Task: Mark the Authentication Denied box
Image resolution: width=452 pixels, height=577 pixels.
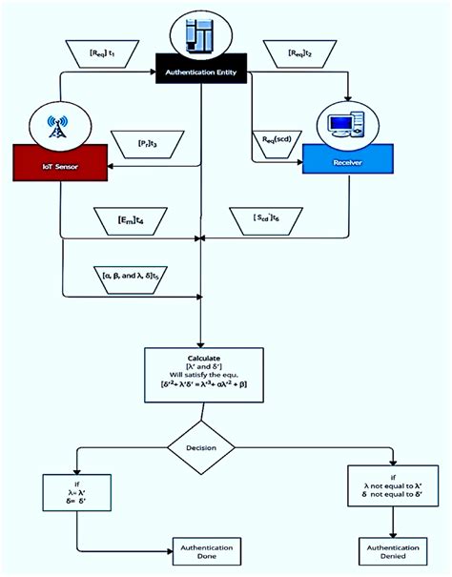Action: (x=394, y=550)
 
